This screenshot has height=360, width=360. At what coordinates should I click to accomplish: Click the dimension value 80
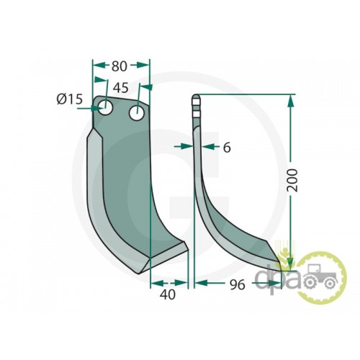tap(119, 66)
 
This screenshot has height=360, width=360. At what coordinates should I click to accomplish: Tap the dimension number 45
tap(121, 88)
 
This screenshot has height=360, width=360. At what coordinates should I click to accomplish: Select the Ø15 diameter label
tap(70, 99)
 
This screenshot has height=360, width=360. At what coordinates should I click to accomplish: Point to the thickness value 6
tap(227, 148)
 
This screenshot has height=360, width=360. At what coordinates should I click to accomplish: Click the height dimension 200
tap(292, 180)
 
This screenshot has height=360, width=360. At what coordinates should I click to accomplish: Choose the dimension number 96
tap(238, 284)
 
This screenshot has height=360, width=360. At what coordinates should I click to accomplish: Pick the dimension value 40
tap(168, 294)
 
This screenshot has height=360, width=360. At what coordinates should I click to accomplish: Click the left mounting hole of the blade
tap(105, 108)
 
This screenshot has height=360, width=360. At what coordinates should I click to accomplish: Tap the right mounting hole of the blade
tap(137, 113)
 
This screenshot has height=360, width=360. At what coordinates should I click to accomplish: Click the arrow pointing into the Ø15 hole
tap(89, 109)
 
